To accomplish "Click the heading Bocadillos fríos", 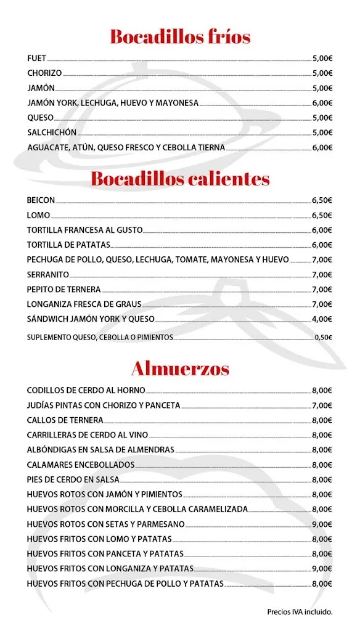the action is tap(180, 37).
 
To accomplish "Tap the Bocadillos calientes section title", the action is tap(180, 179).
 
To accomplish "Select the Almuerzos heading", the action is tap(180, 368).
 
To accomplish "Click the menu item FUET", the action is tap(37, 59).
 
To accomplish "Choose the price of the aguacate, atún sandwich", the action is tap(322, 147).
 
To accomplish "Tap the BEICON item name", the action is tap(41, 200).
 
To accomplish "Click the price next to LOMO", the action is tap(322, 215).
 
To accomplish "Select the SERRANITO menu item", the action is tap(48, 274).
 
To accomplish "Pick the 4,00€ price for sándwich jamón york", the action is tap(322, 319).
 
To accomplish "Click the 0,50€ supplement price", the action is tap(324, 337).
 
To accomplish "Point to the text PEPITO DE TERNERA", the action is tap(64, 289).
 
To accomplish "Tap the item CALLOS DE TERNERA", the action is tap(65, 420).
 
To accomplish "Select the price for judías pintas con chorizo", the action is tap(322, 405).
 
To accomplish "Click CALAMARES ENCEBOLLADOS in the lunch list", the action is tap(81, 465).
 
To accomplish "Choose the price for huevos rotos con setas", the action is tap(322, 524).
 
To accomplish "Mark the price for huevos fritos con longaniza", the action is tap(322, 569).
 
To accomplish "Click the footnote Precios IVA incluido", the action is tap(300, 612).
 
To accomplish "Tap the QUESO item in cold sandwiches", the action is tap(41, 118).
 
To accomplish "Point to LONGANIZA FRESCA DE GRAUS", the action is tap(84, 304).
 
